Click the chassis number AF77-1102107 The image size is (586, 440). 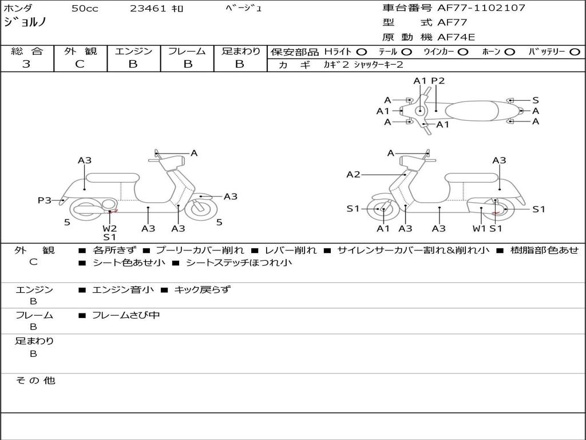click(x=481, y=7)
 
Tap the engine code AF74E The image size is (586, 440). click(x=456, y=37)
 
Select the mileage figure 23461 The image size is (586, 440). click(x=148, y=8)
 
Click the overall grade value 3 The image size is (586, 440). click(x=26, y=64)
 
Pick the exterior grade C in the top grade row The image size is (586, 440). click(x=80, y=64)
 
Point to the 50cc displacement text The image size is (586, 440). click(x=85, y=8)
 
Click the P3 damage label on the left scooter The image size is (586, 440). click(x=45, y=200)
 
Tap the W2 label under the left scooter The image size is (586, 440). click(x=110, y=228)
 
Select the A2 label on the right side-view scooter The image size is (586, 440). click(x=353, y=174)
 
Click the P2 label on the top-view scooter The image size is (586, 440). click(x=438, y=81)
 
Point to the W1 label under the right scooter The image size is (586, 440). click(x=479, y=228)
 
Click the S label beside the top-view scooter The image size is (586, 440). click(x=536, y=100)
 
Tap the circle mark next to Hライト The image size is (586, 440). click(x=361, y=52)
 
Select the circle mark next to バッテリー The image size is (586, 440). click(x=575, y=52)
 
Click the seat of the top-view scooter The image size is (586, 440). click(x=472, y=111)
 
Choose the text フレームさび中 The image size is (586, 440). click(x=126, y=315)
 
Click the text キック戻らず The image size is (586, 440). click(x=202, y=289)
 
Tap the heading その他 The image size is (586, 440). click(x=35, y=380)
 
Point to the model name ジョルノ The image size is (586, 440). click(x=25, y=22)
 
